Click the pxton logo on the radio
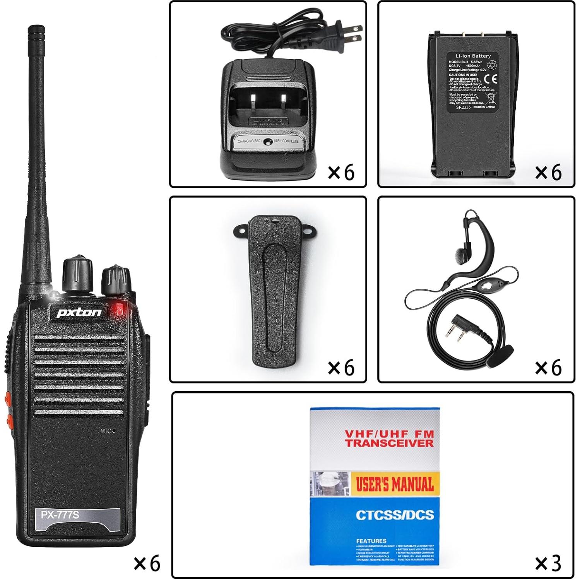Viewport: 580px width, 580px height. (79, 312)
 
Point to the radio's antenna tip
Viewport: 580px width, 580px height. (36, 29)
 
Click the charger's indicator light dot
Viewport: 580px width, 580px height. (266, 142)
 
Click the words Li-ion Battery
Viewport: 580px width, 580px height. (473, 56)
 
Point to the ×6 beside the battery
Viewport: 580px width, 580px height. (548, 172)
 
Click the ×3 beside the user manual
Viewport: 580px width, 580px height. (548, 563)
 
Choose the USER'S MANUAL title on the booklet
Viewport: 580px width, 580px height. (395, 484)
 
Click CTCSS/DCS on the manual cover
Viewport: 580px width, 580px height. (395, 515)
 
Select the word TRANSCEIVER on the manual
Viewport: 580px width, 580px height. (389, 443)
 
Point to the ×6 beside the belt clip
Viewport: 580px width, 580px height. (341, 367)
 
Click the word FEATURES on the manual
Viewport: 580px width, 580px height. (371, 541)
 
